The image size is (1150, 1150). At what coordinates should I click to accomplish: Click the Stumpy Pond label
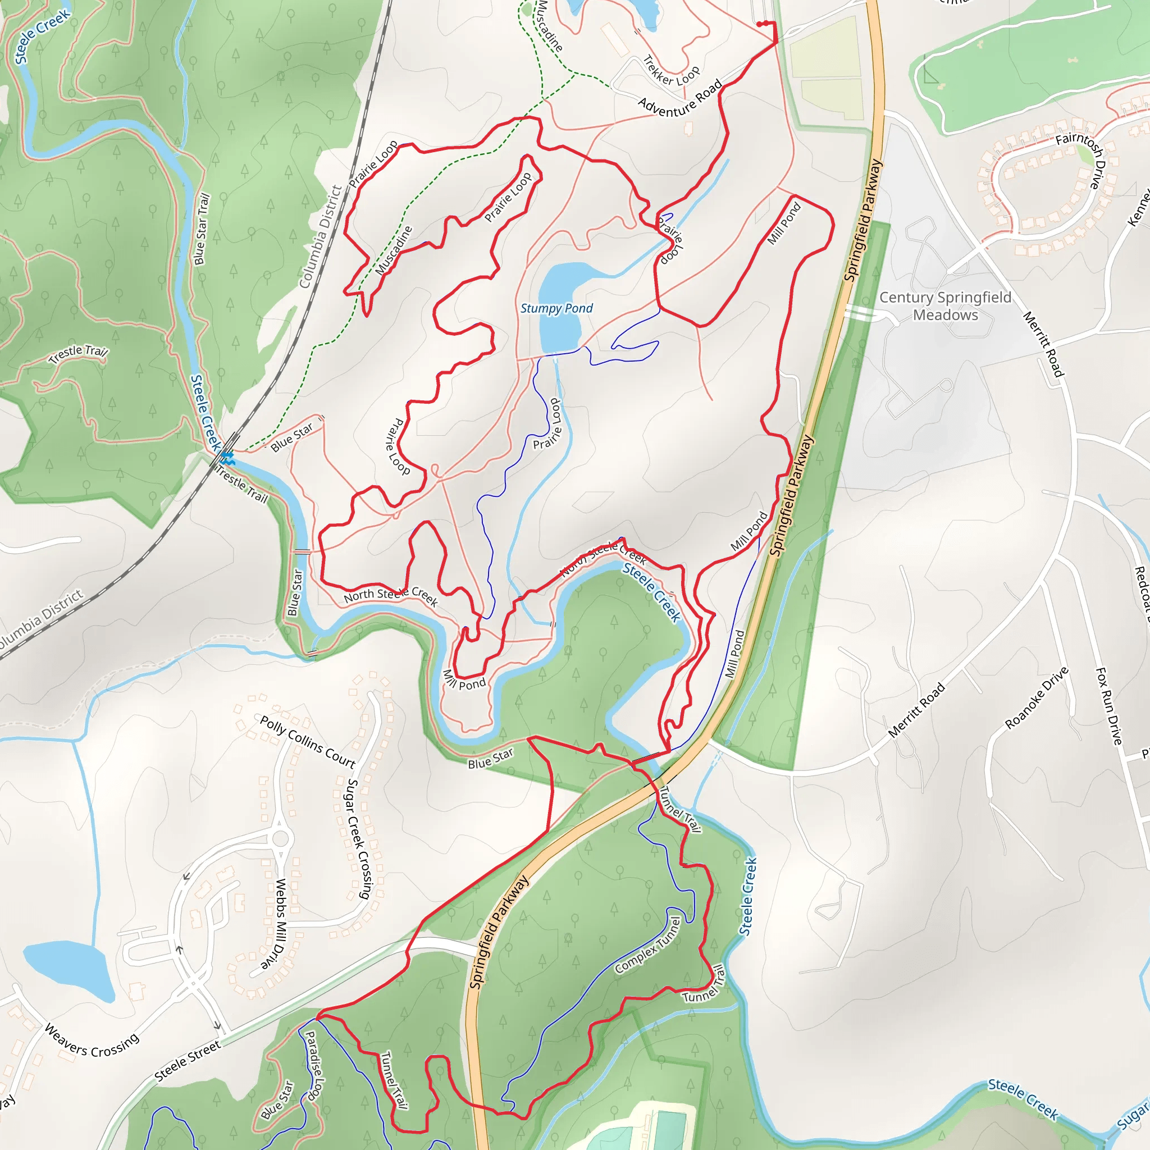[x=556, y=308]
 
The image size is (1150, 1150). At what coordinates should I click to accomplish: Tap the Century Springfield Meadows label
[x=945, y=306]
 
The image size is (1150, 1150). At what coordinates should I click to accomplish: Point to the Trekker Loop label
[x=672, y=71]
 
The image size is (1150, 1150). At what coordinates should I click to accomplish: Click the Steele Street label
[x=188, y=1060]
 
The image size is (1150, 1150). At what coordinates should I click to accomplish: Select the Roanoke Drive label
[x=1037, y=698]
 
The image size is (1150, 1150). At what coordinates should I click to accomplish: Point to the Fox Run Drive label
[x=1108, y=706]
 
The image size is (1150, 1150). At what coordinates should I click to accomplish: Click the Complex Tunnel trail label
[x=648, y=944]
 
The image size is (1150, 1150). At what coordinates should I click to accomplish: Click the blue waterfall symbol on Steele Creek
[x=227, y=458]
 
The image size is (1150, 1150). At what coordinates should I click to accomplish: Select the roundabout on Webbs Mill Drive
[x=280, y=839]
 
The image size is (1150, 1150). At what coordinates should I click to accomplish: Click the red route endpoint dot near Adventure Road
[x=760, y=24]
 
